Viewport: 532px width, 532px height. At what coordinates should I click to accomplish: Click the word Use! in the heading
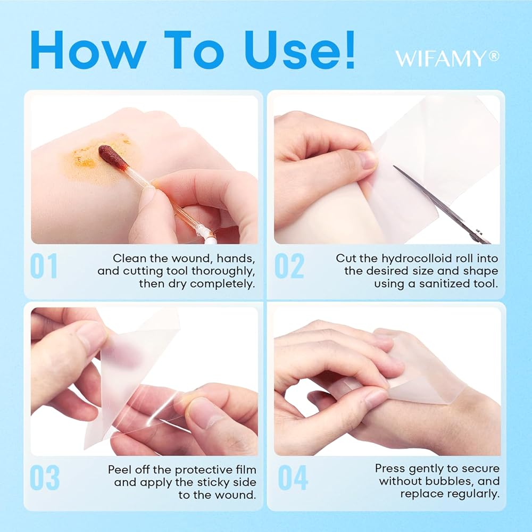pyautogui.click(x=300, y=50)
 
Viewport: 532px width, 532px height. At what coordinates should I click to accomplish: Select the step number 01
pyautogui.click(x=44, y=266)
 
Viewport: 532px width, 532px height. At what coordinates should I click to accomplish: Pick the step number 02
pyautogui.click(x=289, y=266)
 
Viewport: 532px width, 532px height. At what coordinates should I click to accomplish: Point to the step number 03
pyautogui.click(x=45, y=478)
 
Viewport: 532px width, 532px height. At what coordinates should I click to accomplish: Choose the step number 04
pyautogui.click(x=293, y=478)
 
